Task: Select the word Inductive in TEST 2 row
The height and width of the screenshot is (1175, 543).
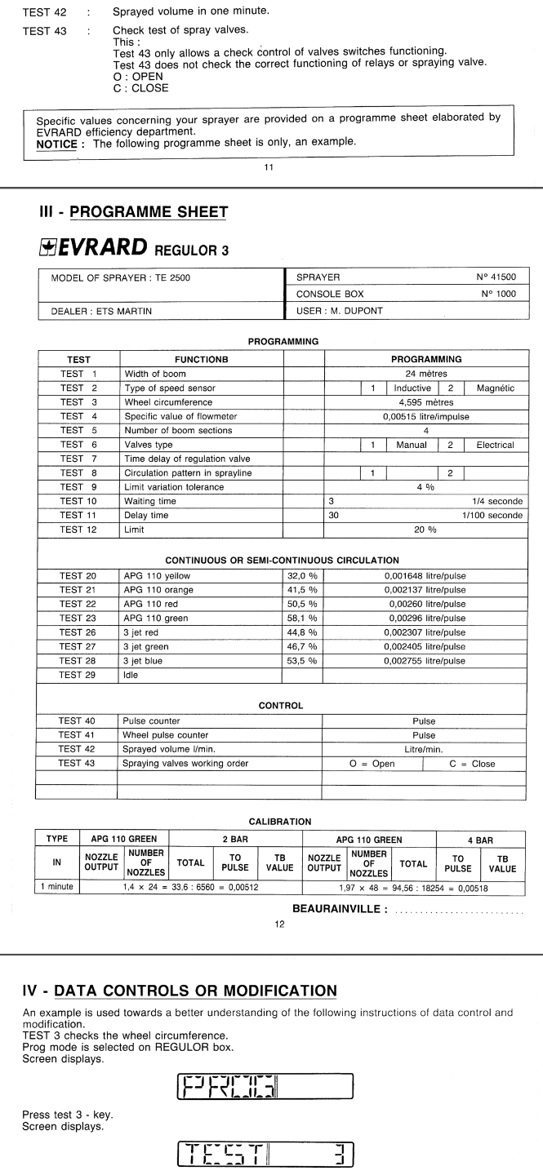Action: pyautogui.click(x=412, y=388)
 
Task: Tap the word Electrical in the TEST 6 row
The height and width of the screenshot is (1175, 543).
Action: pyautogui.click(x=495, y=445)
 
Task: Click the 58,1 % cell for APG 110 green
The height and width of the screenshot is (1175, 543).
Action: pyautogui.click(x=302, y=619)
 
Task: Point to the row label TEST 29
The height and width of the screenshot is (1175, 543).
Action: pyautogui.click(x=78, y=676)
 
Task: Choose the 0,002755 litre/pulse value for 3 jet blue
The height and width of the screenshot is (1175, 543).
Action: pyautogui.click(x=425, y=661)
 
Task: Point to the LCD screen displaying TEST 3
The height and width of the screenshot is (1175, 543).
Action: pyautogui.click(x=265, y=1153)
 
